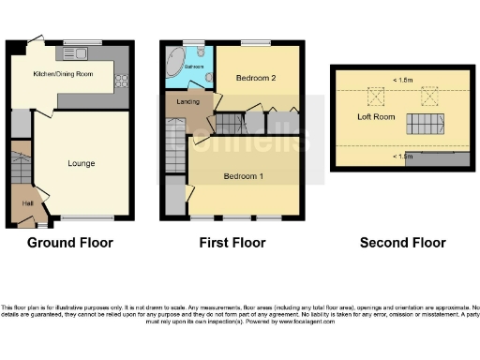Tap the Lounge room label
(x=82, y=163)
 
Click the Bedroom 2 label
(x=255, y=78)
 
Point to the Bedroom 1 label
(x=242, y=176)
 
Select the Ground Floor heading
(x=69, y=243)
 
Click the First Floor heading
(x=232, y=243)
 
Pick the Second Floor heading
(x=402, y=243)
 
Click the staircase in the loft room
(x=424, y=124)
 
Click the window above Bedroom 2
(x=252, y=42)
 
